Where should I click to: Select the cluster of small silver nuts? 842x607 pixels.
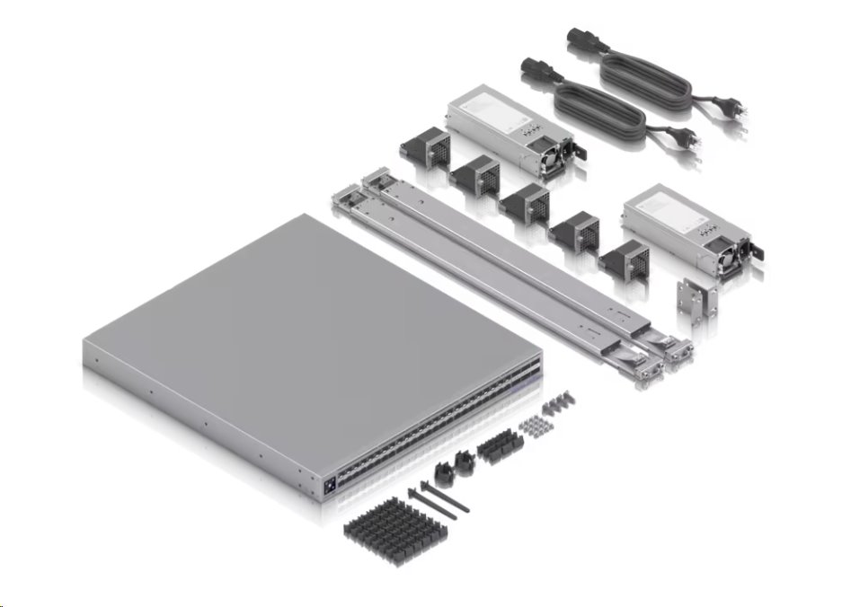[x=536, y=423]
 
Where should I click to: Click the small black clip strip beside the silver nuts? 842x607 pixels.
[x=495, y=446]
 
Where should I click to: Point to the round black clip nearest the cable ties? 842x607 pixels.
[x=443, y=475]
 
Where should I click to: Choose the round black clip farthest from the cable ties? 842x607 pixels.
[x=465, y=461]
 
